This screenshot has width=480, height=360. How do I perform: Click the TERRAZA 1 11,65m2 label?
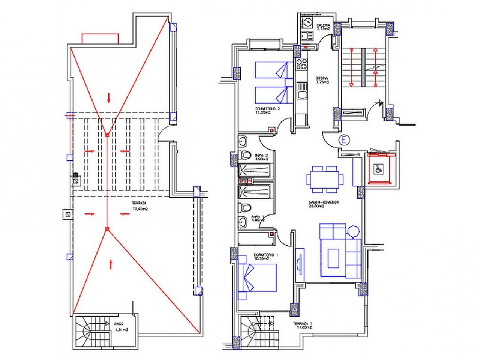[303, 325]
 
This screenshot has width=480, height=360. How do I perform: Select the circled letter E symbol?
[344, 140]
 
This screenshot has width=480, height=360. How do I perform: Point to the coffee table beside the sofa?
[335, 259]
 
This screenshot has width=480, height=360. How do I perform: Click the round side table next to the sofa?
[353, 231]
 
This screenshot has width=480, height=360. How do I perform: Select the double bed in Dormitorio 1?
[257, 278]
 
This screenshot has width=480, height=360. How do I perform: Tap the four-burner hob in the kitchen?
[301, 64]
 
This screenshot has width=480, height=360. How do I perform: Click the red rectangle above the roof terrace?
[100, 39]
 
